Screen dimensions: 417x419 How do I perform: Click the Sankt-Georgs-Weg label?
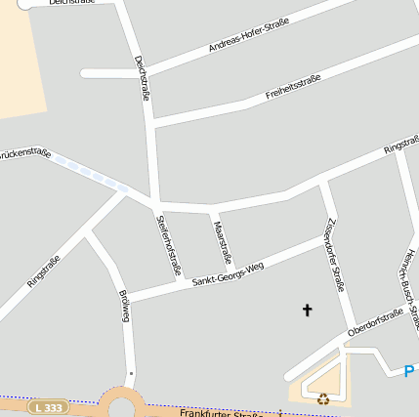pyautogui.click(x=228, y=272)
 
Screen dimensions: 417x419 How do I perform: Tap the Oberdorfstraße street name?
pyautogui.click(x=375, y=322)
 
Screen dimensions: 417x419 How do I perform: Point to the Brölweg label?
pyautogui.click(x=124, y=306)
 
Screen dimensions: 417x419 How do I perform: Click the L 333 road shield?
pyautogui.click(x=47, y=406)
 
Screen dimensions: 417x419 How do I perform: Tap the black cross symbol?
pyautogui.click(x=307, y=311)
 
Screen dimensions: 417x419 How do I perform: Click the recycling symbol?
pyautogui.click(x=323, y=397)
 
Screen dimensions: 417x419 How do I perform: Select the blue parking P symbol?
pyautogui.click(x=409, y=371)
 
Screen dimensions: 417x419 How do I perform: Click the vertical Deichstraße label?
pyautogui.click(x=143, y=78)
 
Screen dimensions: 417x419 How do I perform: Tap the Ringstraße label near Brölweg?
pyautogui.click(x=43, y=271)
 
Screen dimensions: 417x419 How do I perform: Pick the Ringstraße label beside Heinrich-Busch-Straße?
pyautogui.click(x=401, y=146)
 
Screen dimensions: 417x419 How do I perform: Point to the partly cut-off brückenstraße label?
pyautogui.click(x=24, y=154)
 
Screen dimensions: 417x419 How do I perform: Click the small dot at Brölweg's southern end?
pyautogui.click(x=130, y=373)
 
